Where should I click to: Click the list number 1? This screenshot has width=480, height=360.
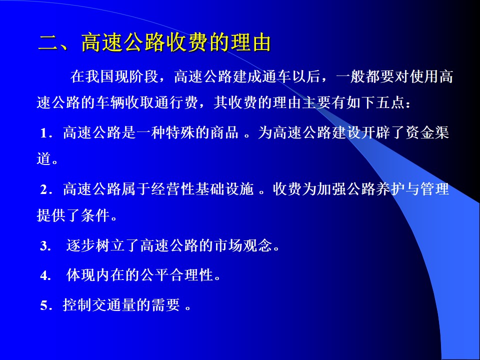click(44, 133)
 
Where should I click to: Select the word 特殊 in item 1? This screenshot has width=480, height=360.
click(180, 133)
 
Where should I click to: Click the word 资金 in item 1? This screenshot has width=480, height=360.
click(419, 133)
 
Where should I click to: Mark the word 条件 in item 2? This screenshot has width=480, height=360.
click(95, 215)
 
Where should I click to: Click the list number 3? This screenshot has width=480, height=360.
click(44, 246)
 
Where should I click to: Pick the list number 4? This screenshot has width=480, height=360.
click(44, 275)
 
